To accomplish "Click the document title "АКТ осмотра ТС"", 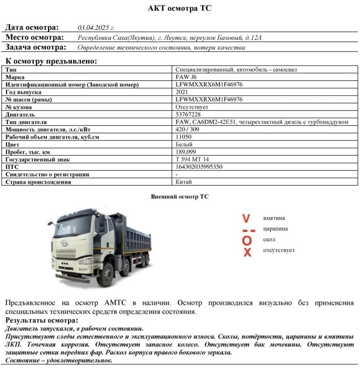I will (x=180, y=8).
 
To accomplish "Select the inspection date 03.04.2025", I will (x=96, y=28).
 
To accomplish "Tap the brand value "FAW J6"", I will (x=185, y=77).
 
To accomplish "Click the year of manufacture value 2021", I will (x=182, y=92).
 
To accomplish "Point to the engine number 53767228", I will (x=188, y=114).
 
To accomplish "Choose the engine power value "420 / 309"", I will (x=188, y=130).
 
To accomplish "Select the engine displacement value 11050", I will (x=184, y=137).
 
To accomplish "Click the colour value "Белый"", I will (x=184, y=144).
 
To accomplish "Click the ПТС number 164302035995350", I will (x=199, y=167).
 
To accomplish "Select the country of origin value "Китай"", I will (x=184, y=181).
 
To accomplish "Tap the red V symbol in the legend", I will (x=246, y=219).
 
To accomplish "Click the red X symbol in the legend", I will (x=247, y=252).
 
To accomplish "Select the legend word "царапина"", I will (x=275, y=229).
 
